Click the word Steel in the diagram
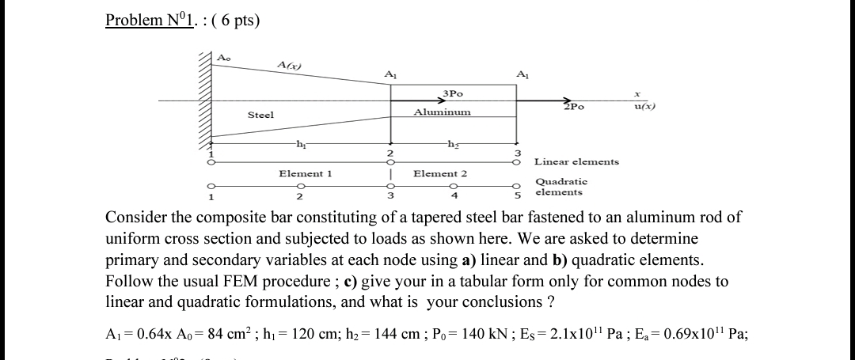(260, 116)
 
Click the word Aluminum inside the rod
(442, 112)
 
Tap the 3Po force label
(453, 93)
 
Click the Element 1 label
(305, 173)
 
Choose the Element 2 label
(440, 173)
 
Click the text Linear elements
(576, 161)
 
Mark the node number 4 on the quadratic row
(454, 196)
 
